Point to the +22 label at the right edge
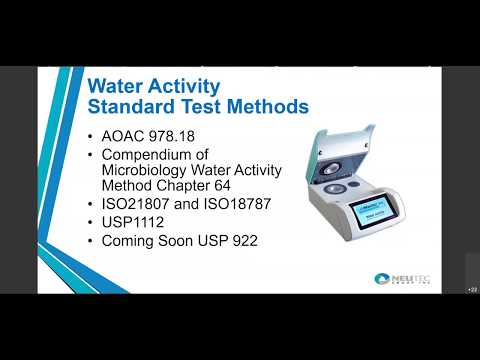[x=472, y=289]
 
